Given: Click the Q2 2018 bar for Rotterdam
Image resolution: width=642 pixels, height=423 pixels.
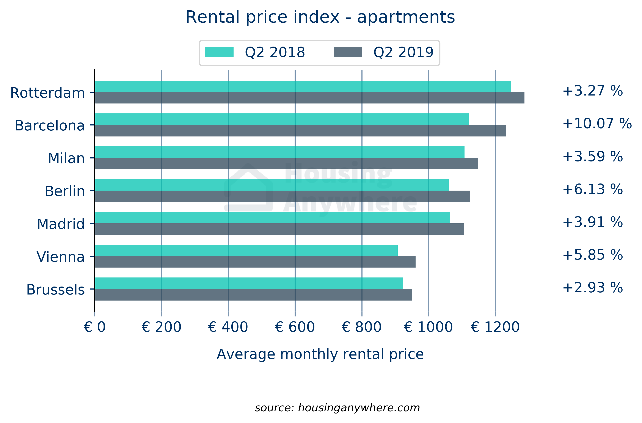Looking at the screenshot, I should click(302, 86).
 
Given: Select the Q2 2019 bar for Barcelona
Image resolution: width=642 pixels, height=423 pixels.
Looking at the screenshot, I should click(300, 131).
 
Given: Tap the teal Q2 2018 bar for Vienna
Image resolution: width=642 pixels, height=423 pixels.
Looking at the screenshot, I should click(246, 250).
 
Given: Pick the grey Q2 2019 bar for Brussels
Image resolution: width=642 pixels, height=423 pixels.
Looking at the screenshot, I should click(253, 295).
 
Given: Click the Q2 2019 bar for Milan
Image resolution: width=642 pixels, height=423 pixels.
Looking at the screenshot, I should click(286, 163).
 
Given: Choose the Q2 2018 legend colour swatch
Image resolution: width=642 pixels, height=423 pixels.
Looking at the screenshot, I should click(219, 52).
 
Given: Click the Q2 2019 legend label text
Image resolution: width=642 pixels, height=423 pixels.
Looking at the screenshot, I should click(403, 52).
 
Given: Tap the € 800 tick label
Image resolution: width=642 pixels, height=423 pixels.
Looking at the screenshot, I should click(361, 327).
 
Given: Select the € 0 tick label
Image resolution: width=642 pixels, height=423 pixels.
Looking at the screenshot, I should click(95, 327).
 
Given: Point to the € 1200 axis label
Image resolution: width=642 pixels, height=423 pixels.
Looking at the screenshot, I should click(495, 327).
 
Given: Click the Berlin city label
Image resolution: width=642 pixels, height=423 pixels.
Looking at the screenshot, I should click(65, 191).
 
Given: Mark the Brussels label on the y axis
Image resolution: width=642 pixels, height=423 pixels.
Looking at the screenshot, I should click(56, 290).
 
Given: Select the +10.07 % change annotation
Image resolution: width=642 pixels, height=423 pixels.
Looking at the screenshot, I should click(597, 124).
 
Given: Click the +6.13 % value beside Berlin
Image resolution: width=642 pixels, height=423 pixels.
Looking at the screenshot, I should click(592, 189).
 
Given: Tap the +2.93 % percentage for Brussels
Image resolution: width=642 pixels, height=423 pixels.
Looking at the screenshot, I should click(592, 288).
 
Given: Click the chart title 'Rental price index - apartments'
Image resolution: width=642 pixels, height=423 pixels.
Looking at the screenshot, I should click(320, 17).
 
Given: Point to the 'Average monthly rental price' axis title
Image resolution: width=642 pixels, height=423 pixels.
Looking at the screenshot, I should click(320, 354).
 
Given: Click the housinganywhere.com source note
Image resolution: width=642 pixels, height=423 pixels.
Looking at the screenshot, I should click(337, 408).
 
